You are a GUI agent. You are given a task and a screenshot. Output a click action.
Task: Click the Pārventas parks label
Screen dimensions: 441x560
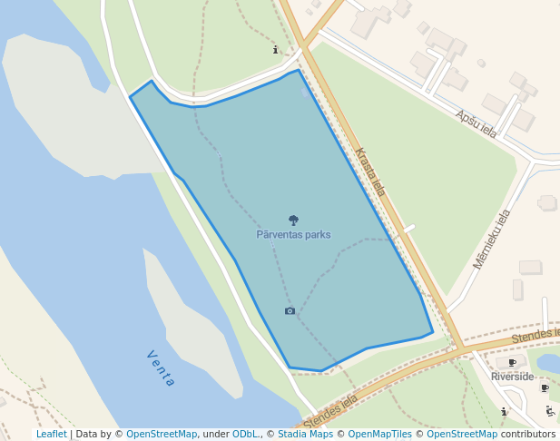(x=293, y=234)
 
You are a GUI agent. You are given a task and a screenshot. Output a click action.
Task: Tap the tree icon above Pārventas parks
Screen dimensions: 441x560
(x=293, y=220)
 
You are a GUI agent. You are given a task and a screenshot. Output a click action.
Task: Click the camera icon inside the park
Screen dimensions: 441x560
(x=290, y=311)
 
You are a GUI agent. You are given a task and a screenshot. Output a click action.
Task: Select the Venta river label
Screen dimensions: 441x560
(x=160, y=368)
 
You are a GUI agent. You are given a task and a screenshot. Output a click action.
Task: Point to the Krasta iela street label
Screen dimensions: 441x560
(x=370, y=172)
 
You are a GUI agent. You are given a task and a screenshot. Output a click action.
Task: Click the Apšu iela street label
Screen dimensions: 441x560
(x=476, y=123)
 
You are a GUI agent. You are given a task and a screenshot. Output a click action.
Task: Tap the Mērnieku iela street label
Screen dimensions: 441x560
(x=492, y=239)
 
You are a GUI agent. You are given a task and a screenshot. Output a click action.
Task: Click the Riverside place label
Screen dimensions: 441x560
(x=512, y=377)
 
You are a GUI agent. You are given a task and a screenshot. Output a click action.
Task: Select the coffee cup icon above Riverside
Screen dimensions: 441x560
(x=512, y=363)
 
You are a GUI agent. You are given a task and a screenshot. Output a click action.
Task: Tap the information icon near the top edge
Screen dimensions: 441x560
(x=276, y=50)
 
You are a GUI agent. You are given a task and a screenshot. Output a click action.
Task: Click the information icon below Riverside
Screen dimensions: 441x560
(x=505, y=411)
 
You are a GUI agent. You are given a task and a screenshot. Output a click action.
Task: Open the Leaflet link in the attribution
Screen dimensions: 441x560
(x=51, y=434)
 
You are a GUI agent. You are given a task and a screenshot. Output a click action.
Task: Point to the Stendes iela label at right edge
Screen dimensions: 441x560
(x=535, y=336)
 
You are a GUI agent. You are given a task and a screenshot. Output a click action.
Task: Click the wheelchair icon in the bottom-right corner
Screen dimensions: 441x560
(x=549, y=411)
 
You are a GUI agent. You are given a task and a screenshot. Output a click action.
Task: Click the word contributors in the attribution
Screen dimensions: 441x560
(x=528, y=434)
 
